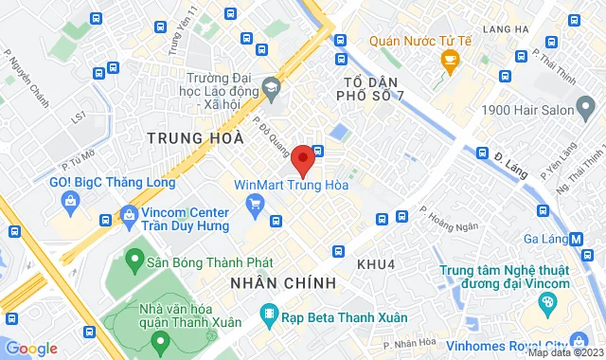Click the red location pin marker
pyautogui.click(x=302, y=160)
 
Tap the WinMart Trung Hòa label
pyautogui.click(x=292, y=185)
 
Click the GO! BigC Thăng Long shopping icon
pyautogui.click(x=71, y=200)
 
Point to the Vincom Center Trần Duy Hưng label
pyautogui.click(x=186, y=220)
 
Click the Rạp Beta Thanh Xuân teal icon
pyautogui.click(x=269, y=315)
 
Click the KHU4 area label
pyautogui.click(x=375, y=262)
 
